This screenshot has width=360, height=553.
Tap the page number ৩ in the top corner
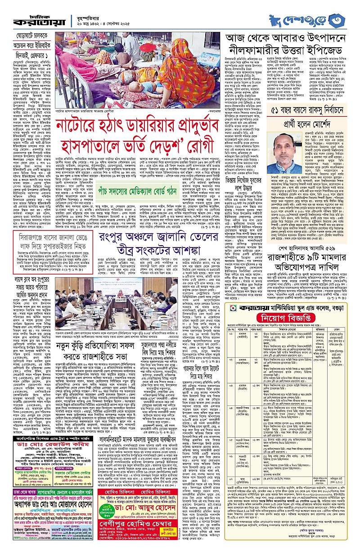click(x=347, y=20)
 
